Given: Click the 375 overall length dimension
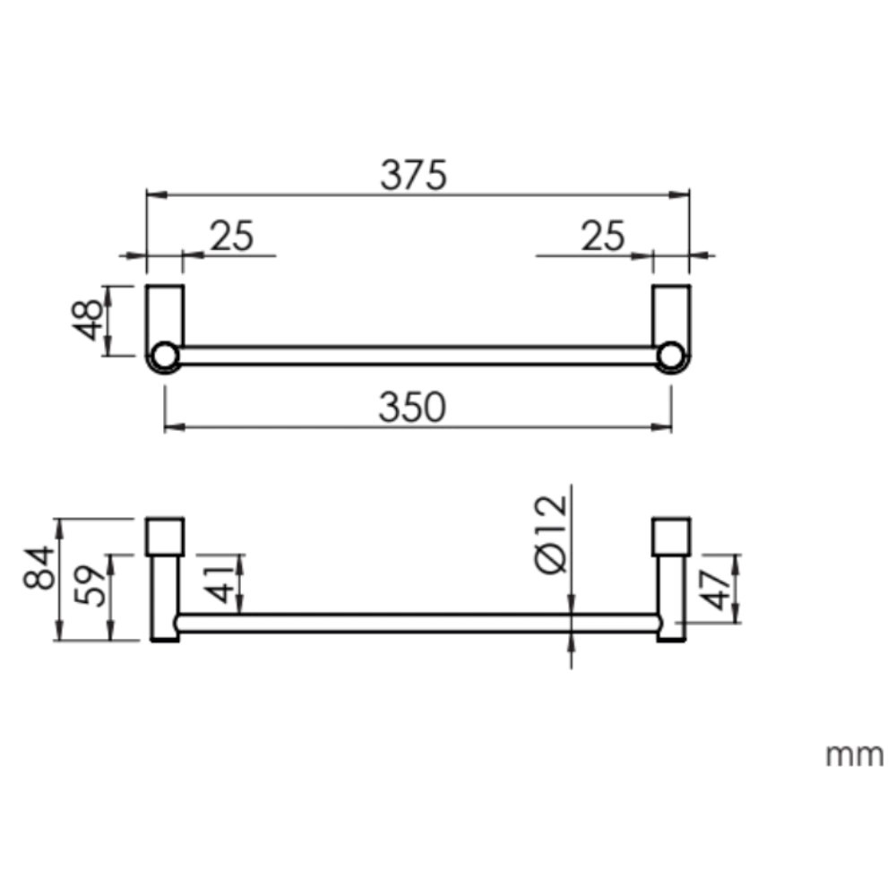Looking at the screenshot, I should coord(412,176).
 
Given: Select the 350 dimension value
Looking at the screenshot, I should coord(412,409).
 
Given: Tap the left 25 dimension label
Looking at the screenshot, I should coord(232,237).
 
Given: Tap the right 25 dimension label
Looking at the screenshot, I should coord(602,237).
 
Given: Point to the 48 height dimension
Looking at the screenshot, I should coord(89,320).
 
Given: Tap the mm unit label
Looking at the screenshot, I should coord(854,754).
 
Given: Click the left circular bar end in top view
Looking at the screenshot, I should coord(164,358).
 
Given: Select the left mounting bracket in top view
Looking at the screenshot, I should coord(165,314).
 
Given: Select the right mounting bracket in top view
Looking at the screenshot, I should coord(671,314).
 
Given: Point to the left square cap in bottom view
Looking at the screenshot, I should coord(165,537).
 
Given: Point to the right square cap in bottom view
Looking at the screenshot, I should coord(672,537).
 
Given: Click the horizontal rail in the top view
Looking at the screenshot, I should coord(417,356).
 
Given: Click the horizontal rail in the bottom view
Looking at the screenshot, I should coord(417,624).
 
